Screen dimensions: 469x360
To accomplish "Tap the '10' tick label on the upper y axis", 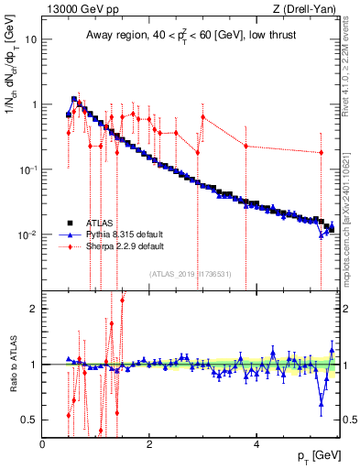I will [31, 39].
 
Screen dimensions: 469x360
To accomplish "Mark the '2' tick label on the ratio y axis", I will [33, 309].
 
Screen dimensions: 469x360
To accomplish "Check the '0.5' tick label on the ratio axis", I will [29, 420].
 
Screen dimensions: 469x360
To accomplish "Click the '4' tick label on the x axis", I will [256, 444].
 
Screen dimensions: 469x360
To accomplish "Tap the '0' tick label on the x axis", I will [42, 444].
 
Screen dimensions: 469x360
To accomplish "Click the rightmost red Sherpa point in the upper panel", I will [321, 153].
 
